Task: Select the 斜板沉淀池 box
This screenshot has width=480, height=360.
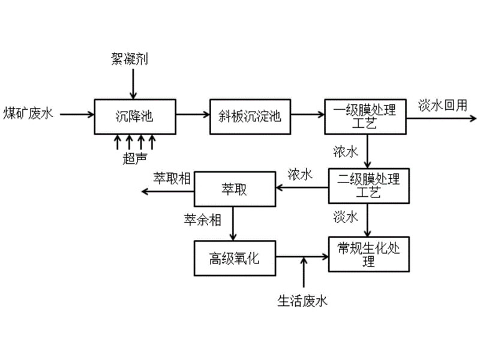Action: click(x=250, y=116)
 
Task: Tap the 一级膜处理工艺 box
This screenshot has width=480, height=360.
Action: click(x=365, y=116)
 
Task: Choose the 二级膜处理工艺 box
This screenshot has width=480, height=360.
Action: click(x=368, y=186)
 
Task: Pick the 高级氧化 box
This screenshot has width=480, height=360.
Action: click(x=235, y=258)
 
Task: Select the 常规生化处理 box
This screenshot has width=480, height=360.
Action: click(x=368, y=255)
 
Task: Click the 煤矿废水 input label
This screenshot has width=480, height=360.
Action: click(x=29, y=113)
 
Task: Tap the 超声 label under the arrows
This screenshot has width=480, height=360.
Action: click(x=134, y=158)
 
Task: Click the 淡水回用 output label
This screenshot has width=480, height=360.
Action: click(x=442, y=105)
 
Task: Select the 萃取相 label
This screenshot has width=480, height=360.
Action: click(x=172, y=178)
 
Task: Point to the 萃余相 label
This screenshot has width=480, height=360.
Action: click(x=202, y=220)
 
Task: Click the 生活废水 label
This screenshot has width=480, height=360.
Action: click(x=302, y=301)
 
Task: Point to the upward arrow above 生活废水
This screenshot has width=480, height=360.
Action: click(x=304, y=272)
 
